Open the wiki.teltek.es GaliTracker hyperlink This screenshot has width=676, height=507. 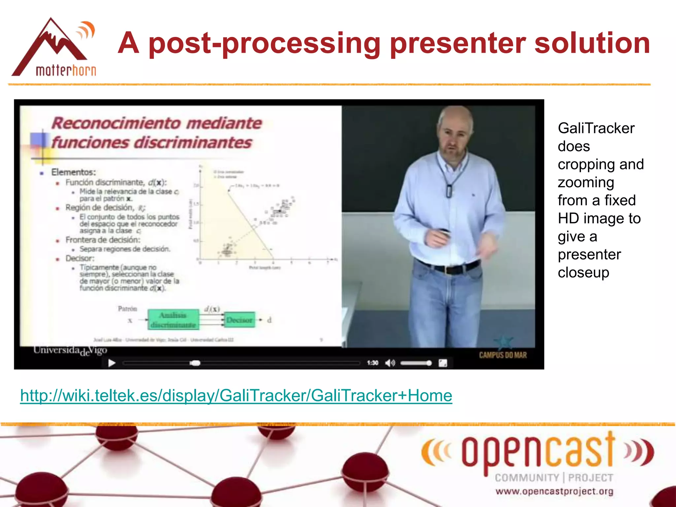(x=236, y=395)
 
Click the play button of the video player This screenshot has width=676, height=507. (x=112, y=363)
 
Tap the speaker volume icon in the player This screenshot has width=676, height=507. (x=390, y=363)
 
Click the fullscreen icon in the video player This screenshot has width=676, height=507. (x=443, y=363)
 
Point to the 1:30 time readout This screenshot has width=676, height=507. (x=372, y=363)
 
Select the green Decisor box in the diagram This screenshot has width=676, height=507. (x=240, y=320)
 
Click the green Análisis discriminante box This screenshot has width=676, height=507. (x=173, y=320)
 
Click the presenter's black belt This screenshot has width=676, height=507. (x=449, y=268)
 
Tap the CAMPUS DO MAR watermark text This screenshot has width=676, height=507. (x=503, y=355)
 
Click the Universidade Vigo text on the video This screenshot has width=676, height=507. (x=70, y=351)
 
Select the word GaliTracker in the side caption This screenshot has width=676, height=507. (x=596, y=128)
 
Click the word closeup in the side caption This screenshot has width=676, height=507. (x=583, y=273)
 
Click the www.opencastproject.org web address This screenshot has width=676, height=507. (x=554, y=491)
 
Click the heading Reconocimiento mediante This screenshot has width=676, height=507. (x=156, y=123)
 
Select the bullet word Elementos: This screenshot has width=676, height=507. (x=73, y=172)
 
